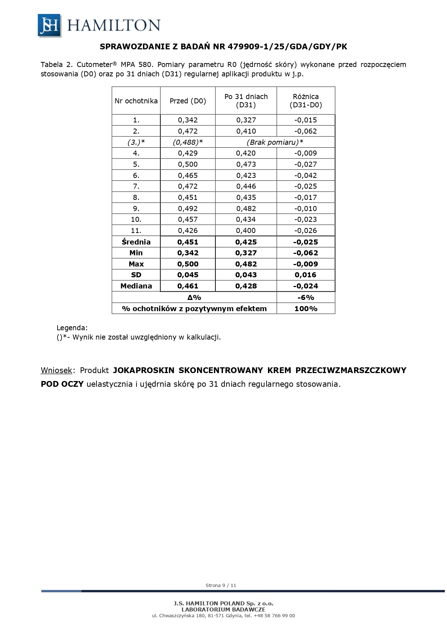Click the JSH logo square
(x=49, y=26)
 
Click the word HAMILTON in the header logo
(x=113, y=26)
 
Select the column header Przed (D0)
(x=188, y=101)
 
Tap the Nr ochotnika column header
(x=136, y=101)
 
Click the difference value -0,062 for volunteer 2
(x=305, y=131)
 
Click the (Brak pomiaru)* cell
(x=275, y=142)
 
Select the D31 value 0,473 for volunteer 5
(x=246, y=164)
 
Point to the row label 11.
(x=136, y=230)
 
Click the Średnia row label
(x=136, y=242)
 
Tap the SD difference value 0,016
(x=305, y=275)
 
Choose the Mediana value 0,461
(x=188, y=286)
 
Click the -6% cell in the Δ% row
(x=305, y=297)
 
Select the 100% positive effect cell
(x=305, y=309)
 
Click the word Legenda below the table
(x=72, y=328)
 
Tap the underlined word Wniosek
(x=57, y=370)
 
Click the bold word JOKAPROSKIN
(x=144, y=370)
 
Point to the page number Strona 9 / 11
(x=221, y=585)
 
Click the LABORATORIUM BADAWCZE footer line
(x=223, y=609)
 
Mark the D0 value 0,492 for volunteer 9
(x=188, y=209)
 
